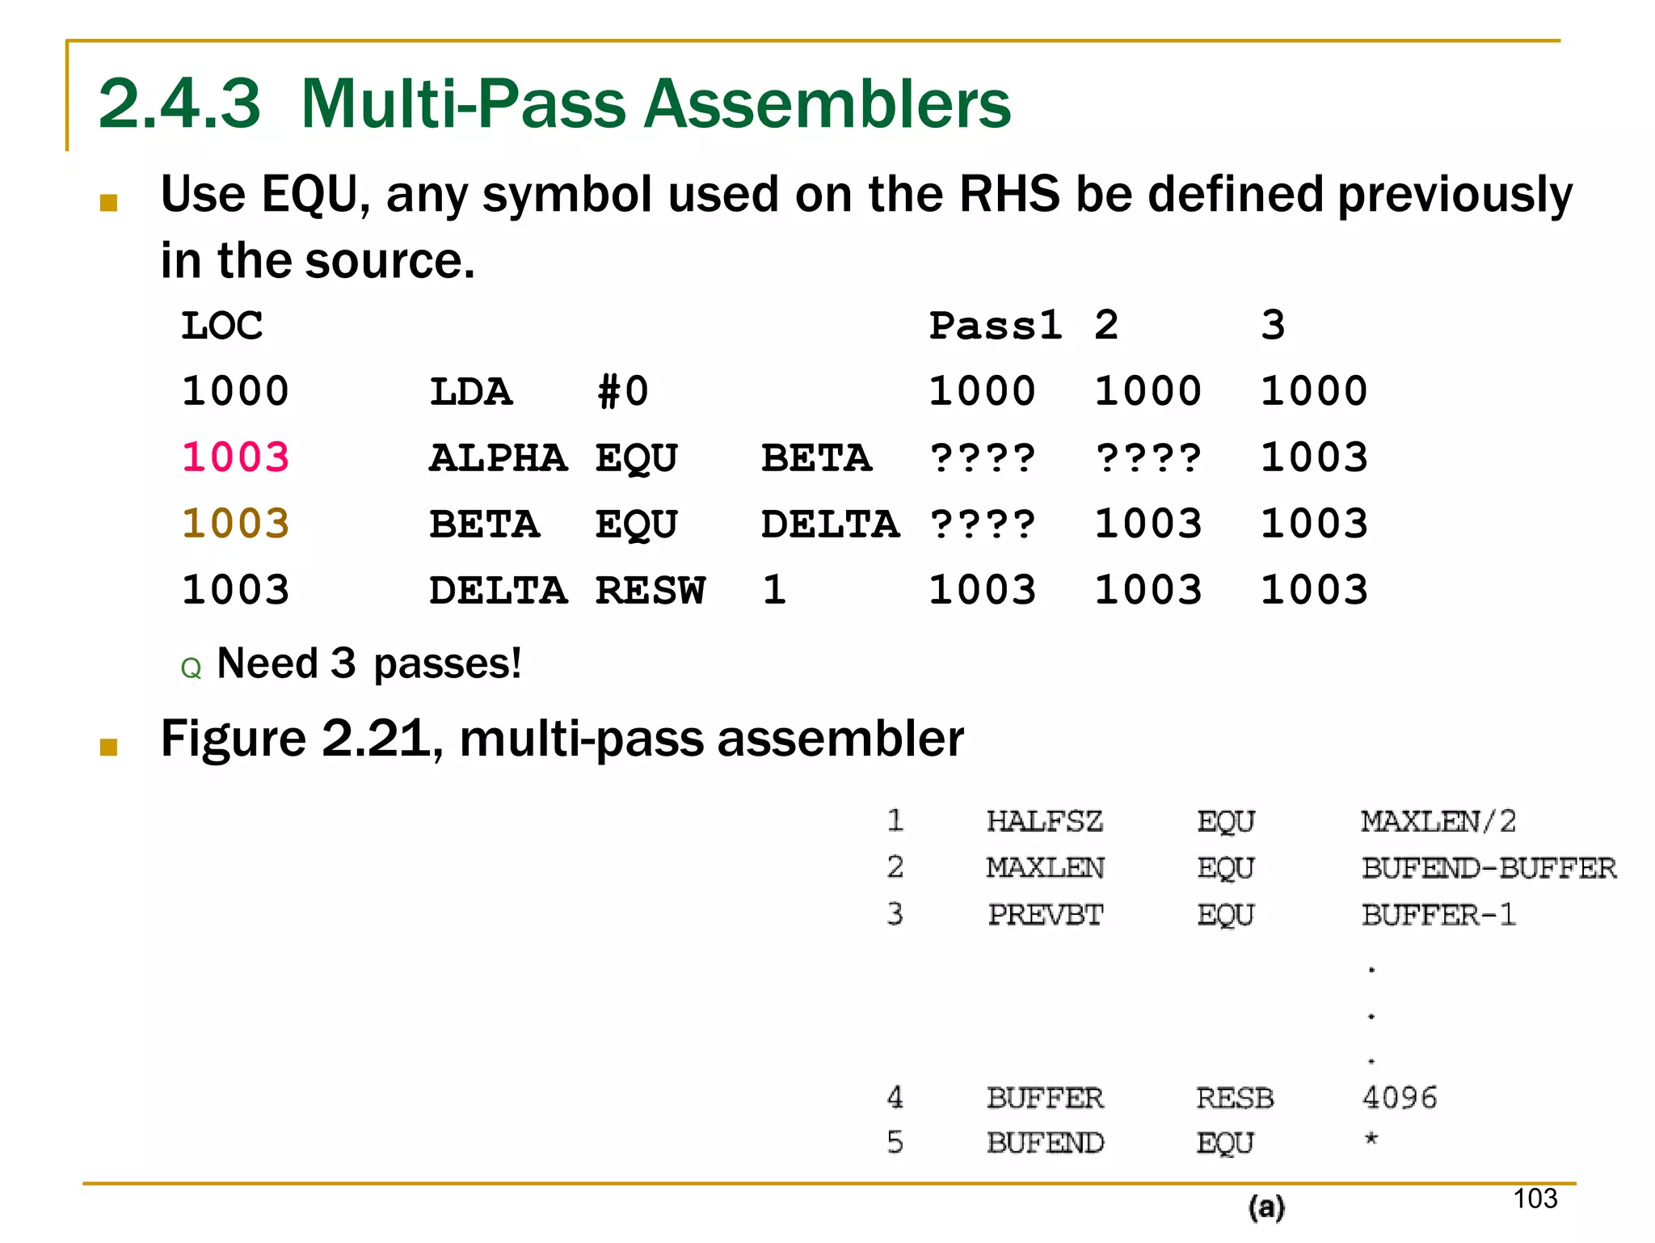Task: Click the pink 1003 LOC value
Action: coord(235,457)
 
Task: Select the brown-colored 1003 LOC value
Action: coord(235,524)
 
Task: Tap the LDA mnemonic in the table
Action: coord(470,392)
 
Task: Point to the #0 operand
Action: coord(622,392)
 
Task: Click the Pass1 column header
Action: coord(995,326)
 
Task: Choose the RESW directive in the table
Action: coord(650,590)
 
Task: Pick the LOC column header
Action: coord(221,326)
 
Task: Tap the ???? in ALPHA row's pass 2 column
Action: coord(1148,457)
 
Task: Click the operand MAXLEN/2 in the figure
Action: coord(1438,821)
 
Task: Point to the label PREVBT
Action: coord(1045,915)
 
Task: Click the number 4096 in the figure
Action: coord(1400,1098)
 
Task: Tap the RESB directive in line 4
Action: coord(1234,1098)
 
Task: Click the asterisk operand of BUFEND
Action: coord(1371,1140)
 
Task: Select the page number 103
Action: coord(1535,1199)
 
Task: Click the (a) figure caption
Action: coord(1266,1207)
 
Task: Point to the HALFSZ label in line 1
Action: coord(1044,821)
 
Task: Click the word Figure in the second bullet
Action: coord(233,738)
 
